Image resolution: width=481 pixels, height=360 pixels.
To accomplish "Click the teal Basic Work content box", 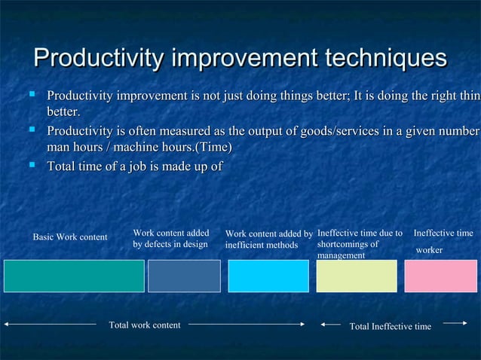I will pos(74,276).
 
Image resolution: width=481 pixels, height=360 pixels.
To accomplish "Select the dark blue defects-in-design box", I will pos(184,276).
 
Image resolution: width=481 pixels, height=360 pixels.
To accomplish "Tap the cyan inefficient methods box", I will pos(268,276).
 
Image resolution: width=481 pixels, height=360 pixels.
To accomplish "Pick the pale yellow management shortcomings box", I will pos(356,276).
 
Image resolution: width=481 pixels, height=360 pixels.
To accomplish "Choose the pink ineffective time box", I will pos(440,276).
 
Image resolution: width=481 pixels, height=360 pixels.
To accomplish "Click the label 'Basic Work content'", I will pos(70,238).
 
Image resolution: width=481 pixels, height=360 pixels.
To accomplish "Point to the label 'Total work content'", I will pos(145,325).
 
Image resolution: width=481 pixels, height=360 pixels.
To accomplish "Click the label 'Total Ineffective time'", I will pos(391,326).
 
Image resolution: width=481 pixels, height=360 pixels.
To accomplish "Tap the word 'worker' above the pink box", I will pos(430,249).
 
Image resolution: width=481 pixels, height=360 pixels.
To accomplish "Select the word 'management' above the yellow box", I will pos(341,256).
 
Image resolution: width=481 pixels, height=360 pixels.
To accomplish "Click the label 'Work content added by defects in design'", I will pos(170,239).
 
